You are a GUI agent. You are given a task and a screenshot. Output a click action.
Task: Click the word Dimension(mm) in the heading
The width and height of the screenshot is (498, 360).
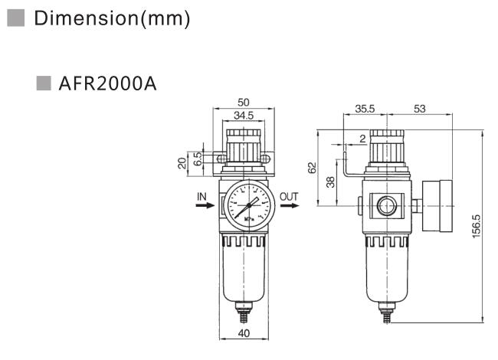[112, 18]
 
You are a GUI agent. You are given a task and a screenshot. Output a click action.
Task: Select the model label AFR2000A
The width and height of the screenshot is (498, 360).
[106, 83]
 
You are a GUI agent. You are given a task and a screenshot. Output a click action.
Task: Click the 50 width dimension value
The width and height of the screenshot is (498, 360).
[243, 102]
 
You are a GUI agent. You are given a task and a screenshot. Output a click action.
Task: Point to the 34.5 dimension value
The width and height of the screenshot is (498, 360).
[243, 115]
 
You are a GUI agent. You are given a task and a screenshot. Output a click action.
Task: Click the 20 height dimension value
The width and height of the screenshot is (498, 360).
[182, 162]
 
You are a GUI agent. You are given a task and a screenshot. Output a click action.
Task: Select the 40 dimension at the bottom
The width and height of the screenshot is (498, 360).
[243, 333]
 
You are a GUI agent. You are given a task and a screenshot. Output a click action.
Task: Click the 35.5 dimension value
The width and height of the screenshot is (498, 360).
[365, 110]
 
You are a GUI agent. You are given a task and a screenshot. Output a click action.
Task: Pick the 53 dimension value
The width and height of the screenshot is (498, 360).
[419, 110]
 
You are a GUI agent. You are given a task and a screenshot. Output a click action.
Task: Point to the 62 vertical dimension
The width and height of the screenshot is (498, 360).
[312, 167]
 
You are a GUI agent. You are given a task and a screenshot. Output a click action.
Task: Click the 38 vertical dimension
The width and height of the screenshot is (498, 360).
[330, 182]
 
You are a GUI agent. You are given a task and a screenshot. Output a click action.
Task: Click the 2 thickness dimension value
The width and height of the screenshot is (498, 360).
[362, 139]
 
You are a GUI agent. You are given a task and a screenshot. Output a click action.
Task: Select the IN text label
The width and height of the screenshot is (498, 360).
[201, 197]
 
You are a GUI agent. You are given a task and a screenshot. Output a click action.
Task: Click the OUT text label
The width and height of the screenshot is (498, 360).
[288, 197]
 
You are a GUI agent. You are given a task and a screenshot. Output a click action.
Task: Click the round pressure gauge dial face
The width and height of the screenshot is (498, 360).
[247, 205]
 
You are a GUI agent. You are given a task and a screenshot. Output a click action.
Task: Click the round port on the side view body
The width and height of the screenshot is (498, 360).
[383, 205]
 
